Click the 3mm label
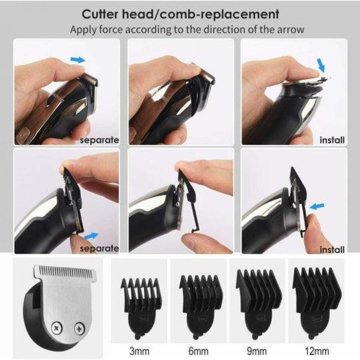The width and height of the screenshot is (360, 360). point(139,351)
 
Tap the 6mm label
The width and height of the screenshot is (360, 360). point(198,351)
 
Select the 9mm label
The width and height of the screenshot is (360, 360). point(257,351)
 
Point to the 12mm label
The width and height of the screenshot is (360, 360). point(317,351)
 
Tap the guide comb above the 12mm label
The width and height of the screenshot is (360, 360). point(317,304)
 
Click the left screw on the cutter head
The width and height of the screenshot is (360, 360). point(56,328)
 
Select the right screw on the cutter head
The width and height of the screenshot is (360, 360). point(80,328)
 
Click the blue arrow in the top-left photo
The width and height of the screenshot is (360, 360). point(78,60)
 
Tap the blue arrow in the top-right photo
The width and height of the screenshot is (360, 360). point(321,65)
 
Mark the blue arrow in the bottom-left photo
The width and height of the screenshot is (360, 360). point(91,236)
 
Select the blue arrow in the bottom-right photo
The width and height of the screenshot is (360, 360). point(317,207)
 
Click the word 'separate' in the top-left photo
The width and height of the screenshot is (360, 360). point(100,140)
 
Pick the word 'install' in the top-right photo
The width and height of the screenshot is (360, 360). point(332,140)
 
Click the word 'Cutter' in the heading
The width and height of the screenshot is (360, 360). point(100,14)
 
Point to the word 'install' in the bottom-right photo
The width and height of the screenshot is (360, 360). point(332,249)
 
